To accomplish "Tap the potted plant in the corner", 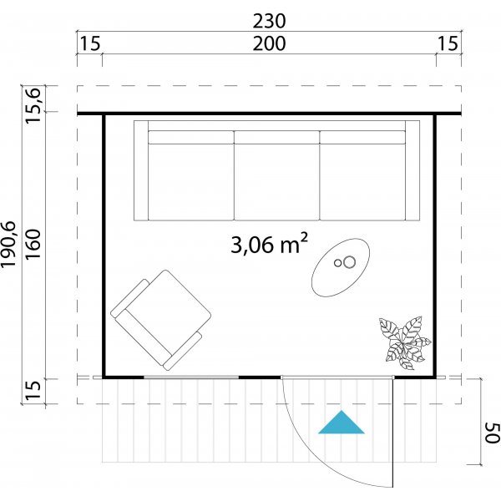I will [x=405, y=338].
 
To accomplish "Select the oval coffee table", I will [x=342, y=266].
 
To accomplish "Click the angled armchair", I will [x=160, y=318].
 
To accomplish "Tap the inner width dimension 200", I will [x=268, y=43].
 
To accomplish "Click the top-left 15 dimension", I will [x=89, y=43].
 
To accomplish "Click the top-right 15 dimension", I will [x=448, y=43].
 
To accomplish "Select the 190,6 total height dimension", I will [x=10, y=241].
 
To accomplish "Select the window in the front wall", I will [x=191, y=377].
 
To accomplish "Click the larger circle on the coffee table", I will [x=349, y=263].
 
